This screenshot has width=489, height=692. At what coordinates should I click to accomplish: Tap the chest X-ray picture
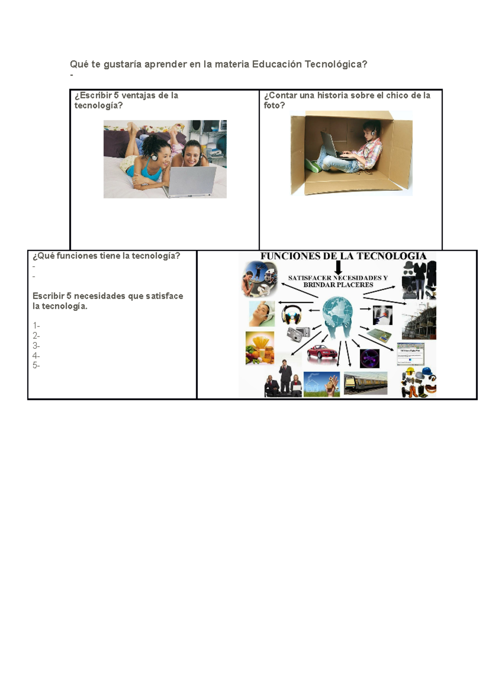pos(382,315)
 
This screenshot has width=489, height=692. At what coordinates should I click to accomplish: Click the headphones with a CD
pos(292,315)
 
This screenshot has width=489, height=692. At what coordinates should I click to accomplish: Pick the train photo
pos(366,383)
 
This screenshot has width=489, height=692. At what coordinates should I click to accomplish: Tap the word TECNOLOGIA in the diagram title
pos(391,256)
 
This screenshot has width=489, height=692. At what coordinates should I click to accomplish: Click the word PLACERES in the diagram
pos(354,284)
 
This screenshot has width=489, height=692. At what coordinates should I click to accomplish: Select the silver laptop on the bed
pos(189,182)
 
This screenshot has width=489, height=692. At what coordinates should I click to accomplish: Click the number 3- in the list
pos(36,345)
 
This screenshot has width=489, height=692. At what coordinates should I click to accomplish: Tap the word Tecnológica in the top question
pos(336,64)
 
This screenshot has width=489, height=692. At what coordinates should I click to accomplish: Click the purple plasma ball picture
pos(370,358)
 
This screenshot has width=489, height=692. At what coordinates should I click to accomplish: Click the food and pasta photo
pos(260,348)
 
